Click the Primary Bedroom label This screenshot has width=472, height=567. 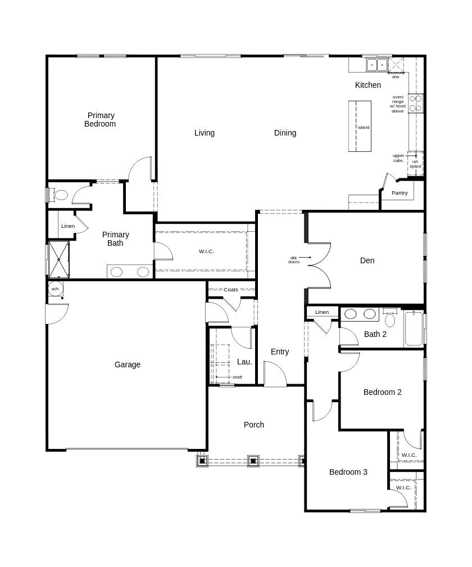click(x=101, y=120)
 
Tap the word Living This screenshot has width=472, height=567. click(x=205, y=133)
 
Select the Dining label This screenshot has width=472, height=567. click(x=285, y=133)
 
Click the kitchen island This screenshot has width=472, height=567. click(x=360, y=127)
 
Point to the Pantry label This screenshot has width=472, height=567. click(x=400, y=193)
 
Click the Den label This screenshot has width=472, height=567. click(x=367, y=260)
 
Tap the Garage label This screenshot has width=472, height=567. click(x=128, y=364)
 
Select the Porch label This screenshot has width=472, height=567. click(x=254, y=425)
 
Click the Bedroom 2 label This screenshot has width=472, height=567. click(x=382, y=392)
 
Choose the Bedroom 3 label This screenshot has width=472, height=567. click(x=348, y=472)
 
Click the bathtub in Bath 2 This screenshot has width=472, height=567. click(x=414, y=329)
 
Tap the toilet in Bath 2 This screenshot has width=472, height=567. click(x=390, y=319)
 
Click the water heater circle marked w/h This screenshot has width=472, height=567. click(x=55, y=289)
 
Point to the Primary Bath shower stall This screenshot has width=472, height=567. click(x=58, y=259)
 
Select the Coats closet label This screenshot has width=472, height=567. click(x=231, y=290)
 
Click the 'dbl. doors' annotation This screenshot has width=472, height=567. click(x=294, y=260)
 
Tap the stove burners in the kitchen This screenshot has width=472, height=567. click(x=415, y=103)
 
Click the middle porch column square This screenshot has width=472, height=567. click(x=253, y=461)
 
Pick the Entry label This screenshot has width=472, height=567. click(x=280, y=352)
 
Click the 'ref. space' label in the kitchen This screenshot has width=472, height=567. click(x=415, y=164)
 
